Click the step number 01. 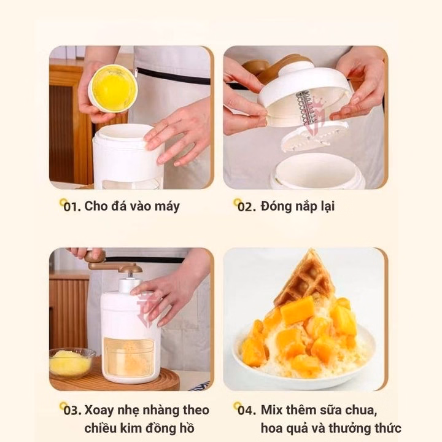[x=72, y=207]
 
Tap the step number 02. [x=246, y=207]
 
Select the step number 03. [x=72, y=411]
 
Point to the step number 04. [x=247, y=411]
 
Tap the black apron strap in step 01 [x=173, y=76]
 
